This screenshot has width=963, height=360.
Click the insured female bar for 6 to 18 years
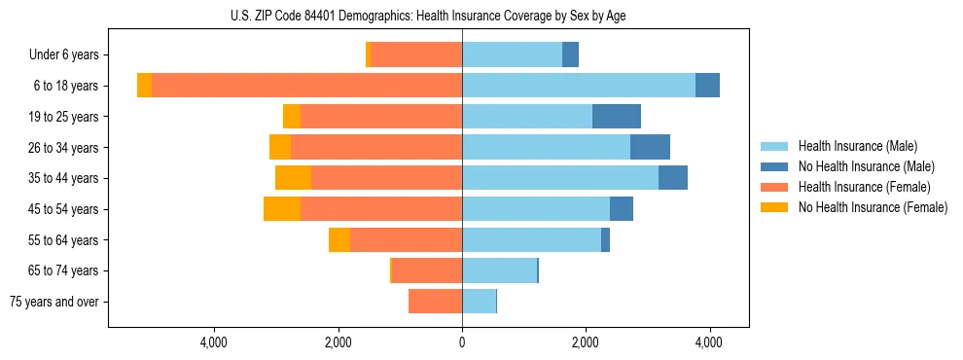pyautogui.click(x=306, y=86)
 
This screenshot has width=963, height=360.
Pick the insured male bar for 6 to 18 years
pyautogui.click(x=579, y=86)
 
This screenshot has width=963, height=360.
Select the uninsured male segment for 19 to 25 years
pyautogui.click(x=617, y=117)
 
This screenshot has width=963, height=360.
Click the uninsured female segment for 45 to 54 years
pyautogui.click(x=282, y=209)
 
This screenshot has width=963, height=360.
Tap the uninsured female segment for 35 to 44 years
pyautogui.click(x=293, y=178)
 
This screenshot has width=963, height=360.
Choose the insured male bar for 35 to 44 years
pyautogui.click(x=560, y=178)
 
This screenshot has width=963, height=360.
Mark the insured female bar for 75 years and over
pyautogui.click(x=435, y=302)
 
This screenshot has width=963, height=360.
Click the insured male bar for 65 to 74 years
pyautogui.click(x=499, y=270)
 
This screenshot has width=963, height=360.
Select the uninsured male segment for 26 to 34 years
pyautogui.click(x=650, y=147)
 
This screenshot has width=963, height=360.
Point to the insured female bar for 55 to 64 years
pyautogui.click(x=406, y=239)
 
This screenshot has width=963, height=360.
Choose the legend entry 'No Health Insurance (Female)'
pyautogui.click(x=872, y=207)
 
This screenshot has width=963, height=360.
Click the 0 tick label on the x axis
pyautogui.click(x=462, y=342)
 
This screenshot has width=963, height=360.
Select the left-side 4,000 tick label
pyautogui.click(x=213, y=342)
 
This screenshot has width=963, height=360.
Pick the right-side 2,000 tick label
pyautogui.click(x=586, y=342)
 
